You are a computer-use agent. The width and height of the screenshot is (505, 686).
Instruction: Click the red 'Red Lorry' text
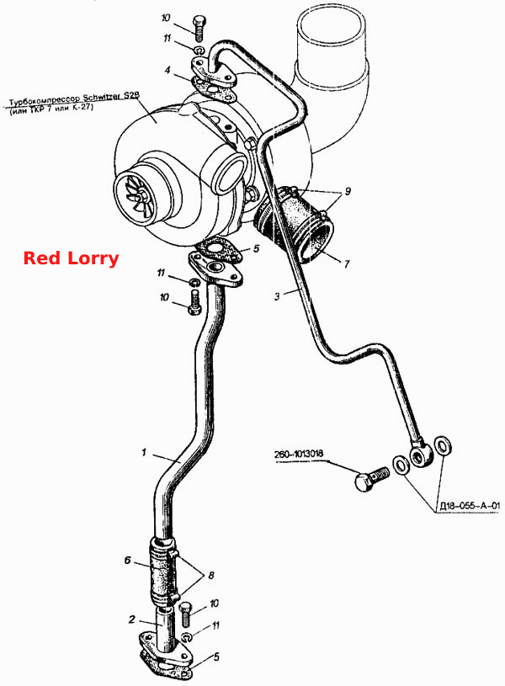click(71, 258)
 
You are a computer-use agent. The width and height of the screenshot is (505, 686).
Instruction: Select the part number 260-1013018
click(300, 454)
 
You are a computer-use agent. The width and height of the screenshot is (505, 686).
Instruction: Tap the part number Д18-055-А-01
click(469, 506)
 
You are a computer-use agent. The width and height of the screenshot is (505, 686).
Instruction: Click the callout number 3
click(277, 296)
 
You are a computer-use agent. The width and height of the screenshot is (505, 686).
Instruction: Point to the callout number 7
click(347, 263)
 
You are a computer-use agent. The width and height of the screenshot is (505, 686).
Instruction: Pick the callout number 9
click(348, 191)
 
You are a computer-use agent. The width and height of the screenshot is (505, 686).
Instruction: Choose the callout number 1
click(144, 452)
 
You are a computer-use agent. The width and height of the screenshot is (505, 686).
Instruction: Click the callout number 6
click(128, 560)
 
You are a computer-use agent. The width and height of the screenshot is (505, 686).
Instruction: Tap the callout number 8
click(211, 575)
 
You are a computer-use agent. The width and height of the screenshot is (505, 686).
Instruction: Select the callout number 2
click(132, 619)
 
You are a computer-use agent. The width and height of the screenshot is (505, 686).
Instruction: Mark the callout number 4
click(167, 70)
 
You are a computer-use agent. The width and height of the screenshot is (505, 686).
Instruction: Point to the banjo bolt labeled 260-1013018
click(370, 480)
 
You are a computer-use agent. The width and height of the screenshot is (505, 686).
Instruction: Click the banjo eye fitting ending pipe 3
click(421, 455)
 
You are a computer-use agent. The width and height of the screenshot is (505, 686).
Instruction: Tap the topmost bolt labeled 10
click(199, 28)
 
